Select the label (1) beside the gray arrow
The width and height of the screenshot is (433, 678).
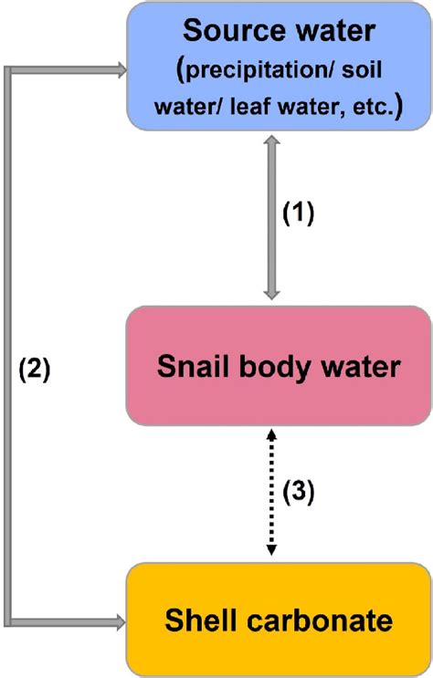coord(298,213)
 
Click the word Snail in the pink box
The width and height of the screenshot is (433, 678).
coord(190,366)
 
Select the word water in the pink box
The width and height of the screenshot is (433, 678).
coord(357,366)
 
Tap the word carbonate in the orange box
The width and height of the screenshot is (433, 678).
coord(318,621)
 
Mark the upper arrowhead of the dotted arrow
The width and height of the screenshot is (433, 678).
coord(271,435)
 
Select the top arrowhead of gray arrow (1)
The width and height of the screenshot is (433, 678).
coord(271,142)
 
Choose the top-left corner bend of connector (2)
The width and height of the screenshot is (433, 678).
coord(10,68)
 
